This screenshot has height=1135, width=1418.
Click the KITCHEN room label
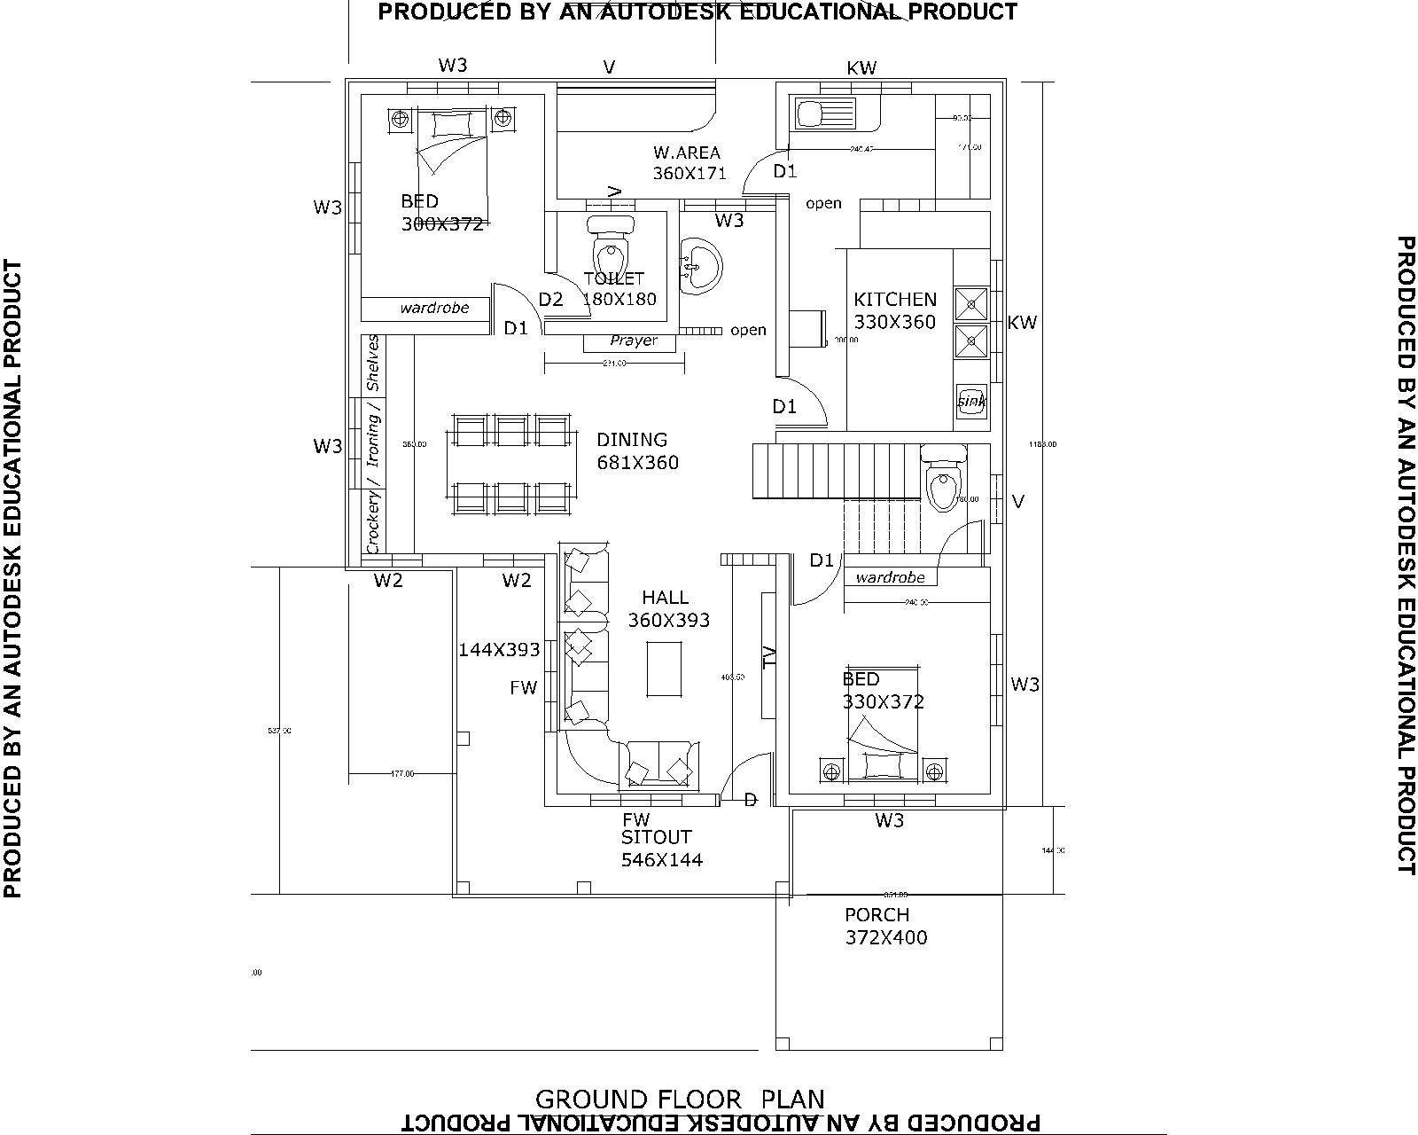[x=894, y=300]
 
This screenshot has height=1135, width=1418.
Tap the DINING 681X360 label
[x=637, y=450]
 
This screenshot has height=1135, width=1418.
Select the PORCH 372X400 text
[x=885, y=926]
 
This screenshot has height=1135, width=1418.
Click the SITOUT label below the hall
[x=656, y=837]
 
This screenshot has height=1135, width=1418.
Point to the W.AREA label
[x=687, y=153]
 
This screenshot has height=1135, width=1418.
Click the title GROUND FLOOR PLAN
[x=680, y=1100]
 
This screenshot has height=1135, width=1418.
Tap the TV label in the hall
[x=768, y=655]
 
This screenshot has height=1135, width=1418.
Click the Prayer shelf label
[x=634, y=340]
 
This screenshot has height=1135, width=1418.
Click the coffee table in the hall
[x=665, y=669]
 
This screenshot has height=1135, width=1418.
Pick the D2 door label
[x=551, y=300]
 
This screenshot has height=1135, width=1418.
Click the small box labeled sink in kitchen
[x=971, y=401]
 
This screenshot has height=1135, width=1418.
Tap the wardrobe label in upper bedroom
[x=434, y=309]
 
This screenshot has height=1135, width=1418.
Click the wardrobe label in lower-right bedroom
[x=891, y=577]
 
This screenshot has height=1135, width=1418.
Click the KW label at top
[x=861, y=68]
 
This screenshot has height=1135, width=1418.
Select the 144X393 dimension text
[x=499, y=650]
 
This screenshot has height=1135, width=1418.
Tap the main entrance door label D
[x=750, y=801]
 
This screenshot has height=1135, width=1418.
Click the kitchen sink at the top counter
[x=824, y=114]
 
